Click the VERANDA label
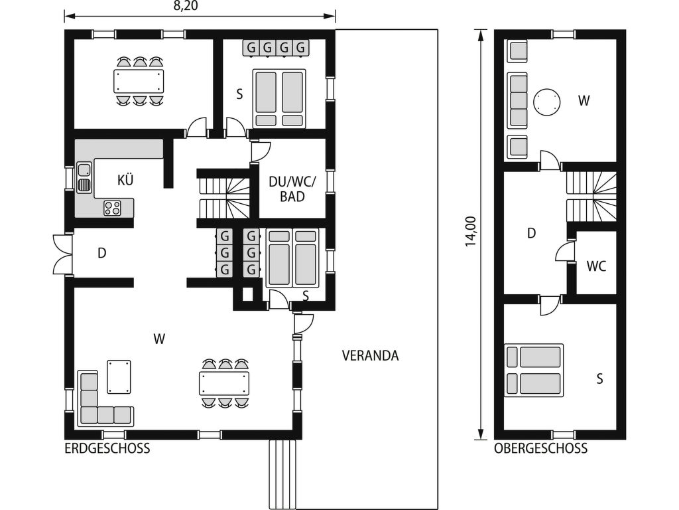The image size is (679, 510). coord(370,356)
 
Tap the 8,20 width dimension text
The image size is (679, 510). coord(186,5)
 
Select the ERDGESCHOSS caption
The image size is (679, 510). coord(107,448)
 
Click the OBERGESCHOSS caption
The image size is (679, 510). coord(541,448)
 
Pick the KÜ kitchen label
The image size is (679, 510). coord(125,179)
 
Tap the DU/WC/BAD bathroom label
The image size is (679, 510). coord(292,189)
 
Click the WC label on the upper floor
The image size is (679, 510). coord(596,266)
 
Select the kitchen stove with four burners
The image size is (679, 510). coord(113,207)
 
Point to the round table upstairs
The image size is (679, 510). coord(546,102)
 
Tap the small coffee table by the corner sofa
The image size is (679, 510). coord(119,377)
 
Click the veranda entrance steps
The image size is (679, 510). coord(282,474)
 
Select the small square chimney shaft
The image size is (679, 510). coord(248,294)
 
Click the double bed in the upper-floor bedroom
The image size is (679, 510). coord(534,371)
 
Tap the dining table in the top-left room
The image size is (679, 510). coord(139,81)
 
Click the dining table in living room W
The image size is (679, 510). coord(224,383)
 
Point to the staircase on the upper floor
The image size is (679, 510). coord(591,197)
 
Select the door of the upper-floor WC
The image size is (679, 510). coord(565,251)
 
